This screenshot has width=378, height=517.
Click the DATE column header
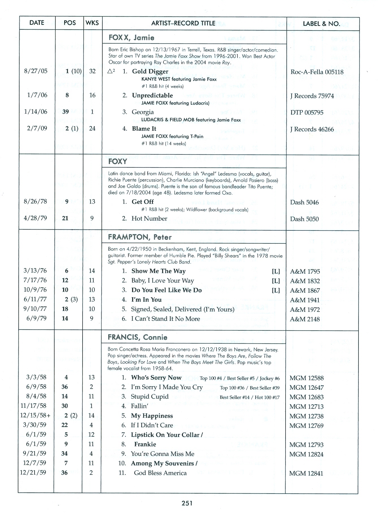[37, 23]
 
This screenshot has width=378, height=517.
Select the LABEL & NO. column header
[321, 24]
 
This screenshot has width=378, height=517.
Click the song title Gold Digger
[150, 71]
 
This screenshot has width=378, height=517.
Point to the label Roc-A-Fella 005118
[317, 72]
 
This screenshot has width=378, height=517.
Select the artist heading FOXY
[118, 162]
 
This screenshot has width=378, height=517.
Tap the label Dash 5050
[304, 219]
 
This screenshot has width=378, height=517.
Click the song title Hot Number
[149, 219]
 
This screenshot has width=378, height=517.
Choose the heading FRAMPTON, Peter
[140, 237]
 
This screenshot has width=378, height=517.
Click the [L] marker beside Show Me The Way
[276, 271]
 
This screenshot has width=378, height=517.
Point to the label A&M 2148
[305, 319]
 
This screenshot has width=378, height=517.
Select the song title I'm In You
[146, 300]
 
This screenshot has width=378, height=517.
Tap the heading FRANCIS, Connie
[137, 337]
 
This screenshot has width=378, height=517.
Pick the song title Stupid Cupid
[150, 397]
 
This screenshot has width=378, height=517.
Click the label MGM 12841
[306, 474]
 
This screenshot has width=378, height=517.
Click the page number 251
[187, 503]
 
